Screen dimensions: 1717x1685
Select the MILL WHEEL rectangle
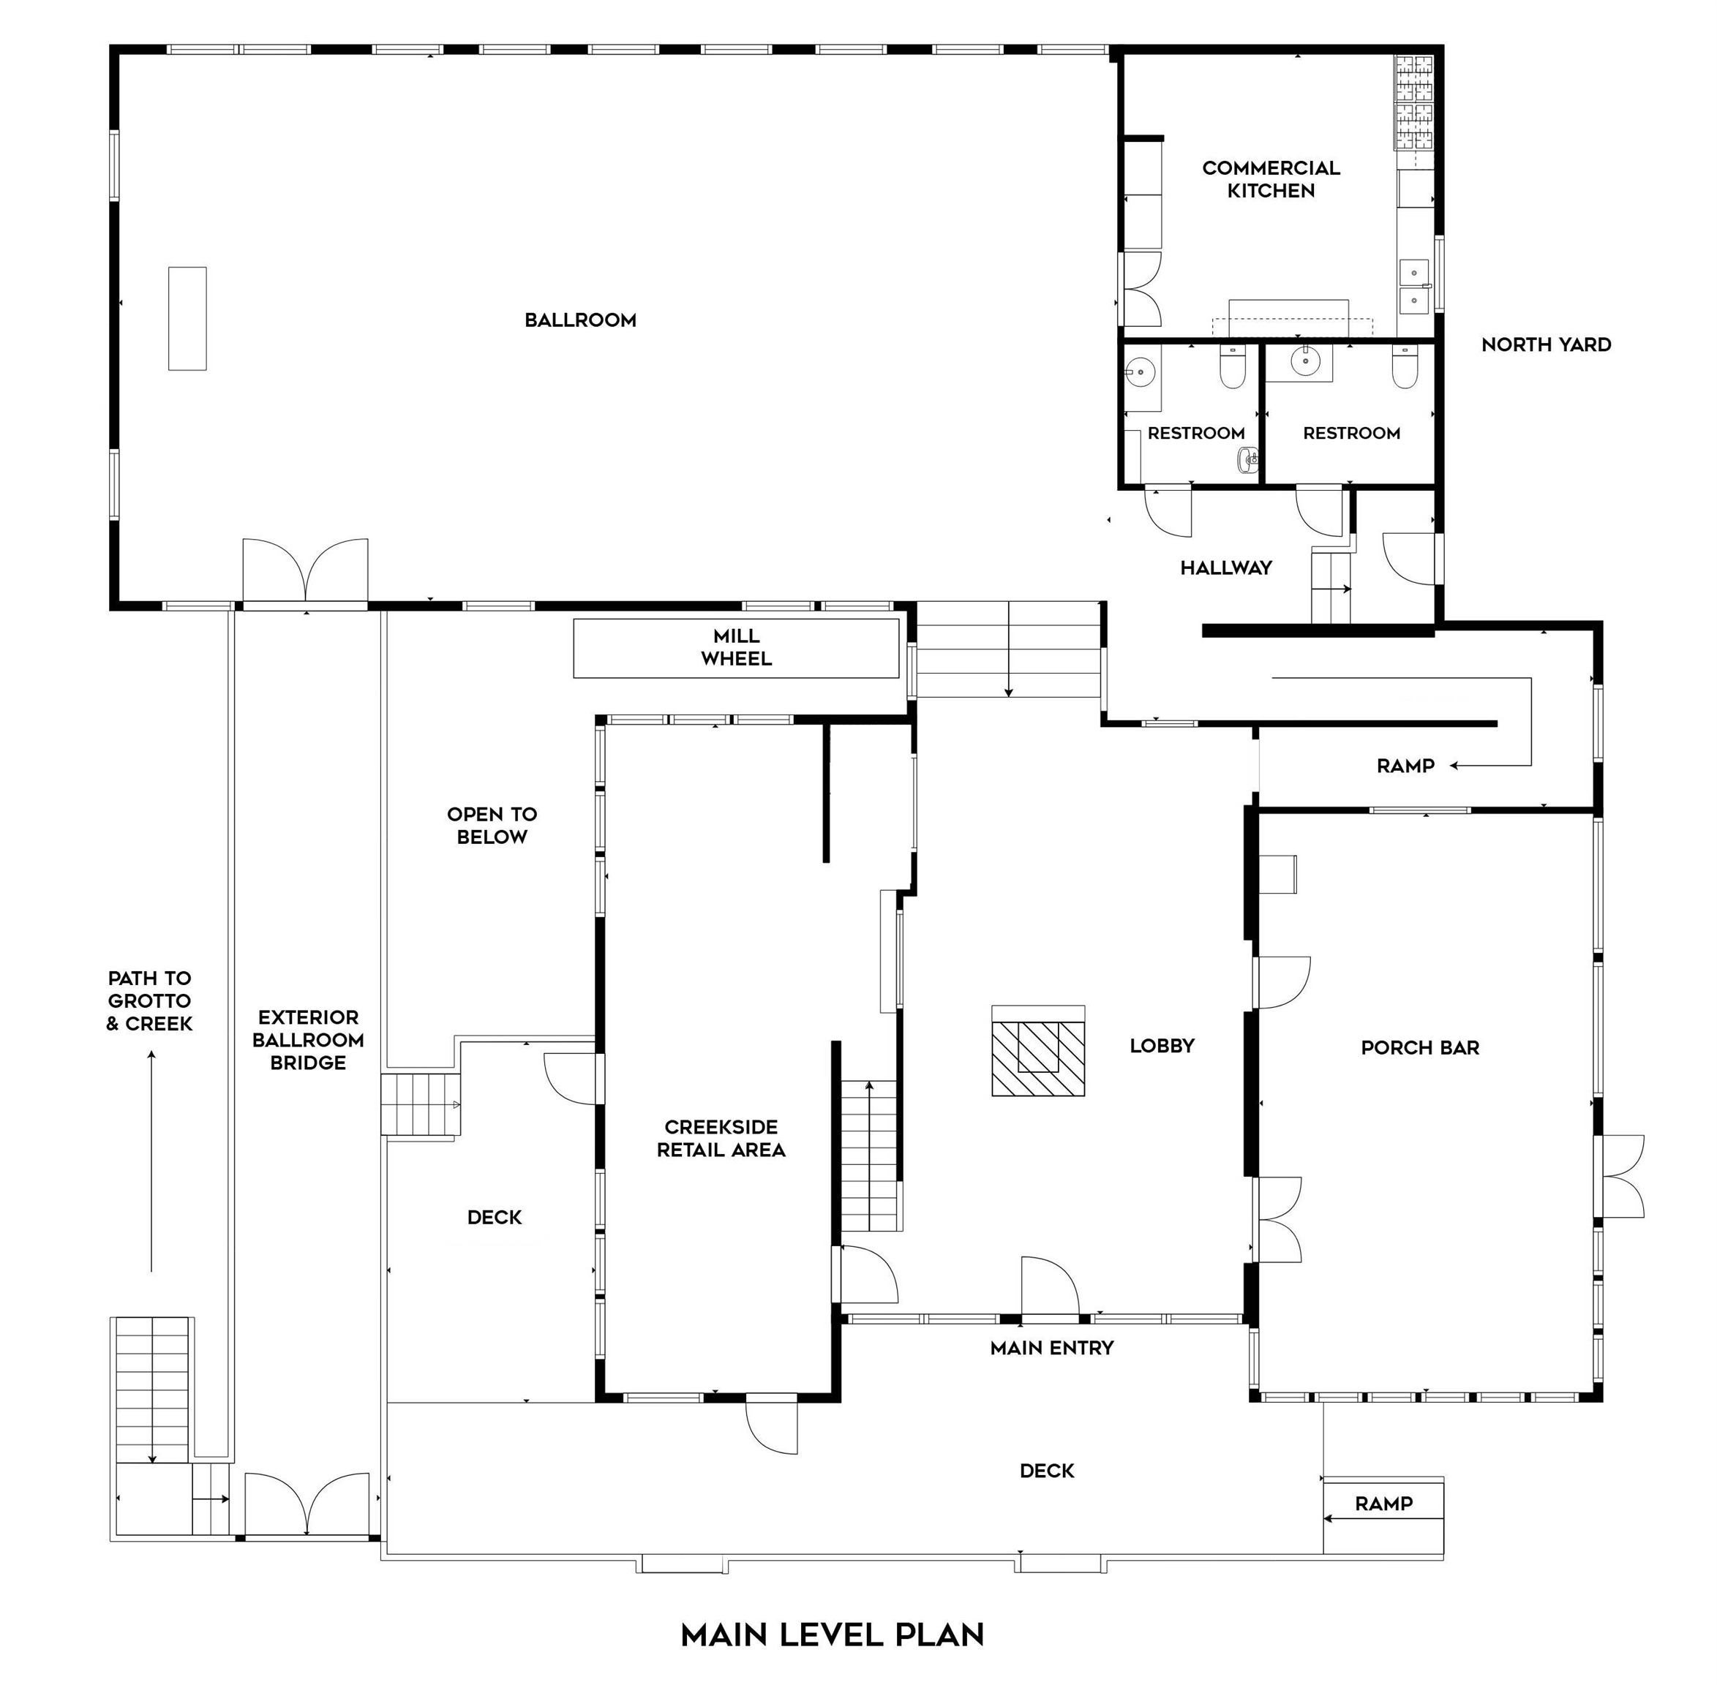pos(737,648)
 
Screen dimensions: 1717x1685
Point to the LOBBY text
pos(1162,1045)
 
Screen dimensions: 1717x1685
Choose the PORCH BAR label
pos(1420,1047)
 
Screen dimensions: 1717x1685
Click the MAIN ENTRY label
pos(1051,1347)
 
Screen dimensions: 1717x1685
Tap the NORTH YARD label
pos(1547,344)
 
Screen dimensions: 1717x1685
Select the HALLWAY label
pos(1226,568)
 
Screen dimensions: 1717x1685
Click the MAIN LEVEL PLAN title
pos(832,1634)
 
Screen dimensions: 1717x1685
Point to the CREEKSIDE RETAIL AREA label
pos(721,1138)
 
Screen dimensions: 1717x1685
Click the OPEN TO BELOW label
pos(492,825)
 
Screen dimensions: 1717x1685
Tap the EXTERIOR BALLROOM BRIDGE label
pos(308,1039)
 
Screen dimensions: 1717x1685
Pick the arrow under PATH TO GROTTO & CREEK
pos(151,1161)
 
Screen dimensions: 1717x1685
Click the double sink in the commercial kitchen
pos(1414,286)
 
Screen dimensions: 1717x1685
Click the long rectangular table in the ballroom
pos(187,319)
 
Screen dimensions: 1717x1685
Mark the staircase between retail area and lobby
pos(871,1155)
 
